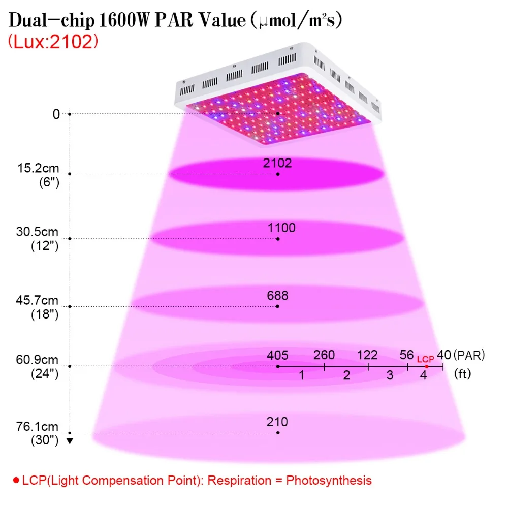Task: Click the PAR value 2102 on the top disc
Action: pyautogui.click(x=277, y=163)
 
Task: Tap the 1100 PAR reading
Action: pyautogui.click(x=281, y=228)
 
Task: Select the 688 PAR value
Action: pyautogui.click(x=277, y=296)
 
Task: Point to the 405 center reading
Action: pyautogui.click(x=277, y=356)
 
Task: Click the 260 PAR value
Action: pyautogui.click(x=324, y=355)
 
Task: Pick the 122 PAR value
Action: pyautogui.click(x=367, y=355)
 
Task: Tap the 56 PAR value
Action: pyautogui.click(x=406, y=355)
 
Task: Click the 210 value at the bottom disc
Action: pyautogui.click(x=277, y=422)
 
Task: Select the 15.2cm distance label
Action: pyautogui.click(x=38, y=168)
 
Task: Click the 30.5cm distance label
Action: pyautogui.click(x=37, y=232)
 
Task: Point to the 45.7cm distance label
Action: pyautogui.click(x=37, y=300)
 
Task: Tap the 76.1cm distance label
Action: pyautogui.click(x=37, y=426)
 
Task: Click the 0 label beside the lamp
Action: pyautogui.click(x=56, y=114)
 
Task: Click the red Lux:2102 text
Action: pyautogui.click(x=53, y=42)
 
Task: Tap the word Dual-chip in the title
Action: pyautogui.click(x=51, y=20)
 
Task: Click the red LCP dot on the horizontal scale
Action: pyautogui.click(x=426, y=366)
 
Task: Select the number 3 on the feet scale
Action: pyautogui.click(x=390, y=375)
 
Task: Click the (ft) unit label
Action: pyautogui.click(x=462, y=374)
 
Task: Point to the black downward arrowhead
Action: pyautogui.click(x=70, y=440)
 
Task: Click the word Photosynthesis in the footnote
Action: pyautogui.click(x=329, y=480)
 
